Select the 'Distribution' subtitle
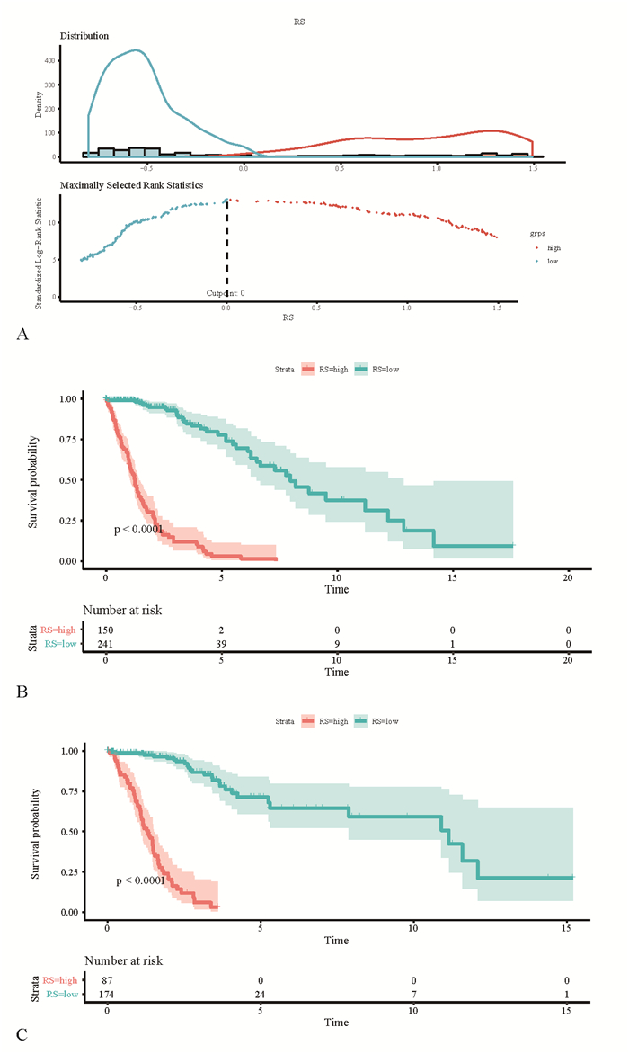coord(84,36)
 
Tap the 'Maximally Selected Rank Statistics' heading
coord(131,185)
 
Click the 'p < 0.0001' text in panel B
coord(139,530)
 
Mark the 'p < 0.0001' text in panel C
coord(140,880)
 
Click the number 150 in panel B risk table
coord(106,630)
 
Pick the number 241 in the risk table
coord(106,644)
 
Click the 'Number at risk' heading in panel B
coord(122,611)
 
